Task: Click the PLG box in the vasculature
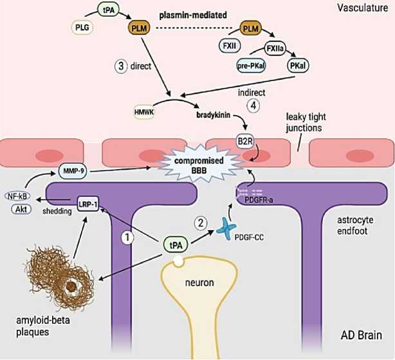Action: [82, 28]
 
